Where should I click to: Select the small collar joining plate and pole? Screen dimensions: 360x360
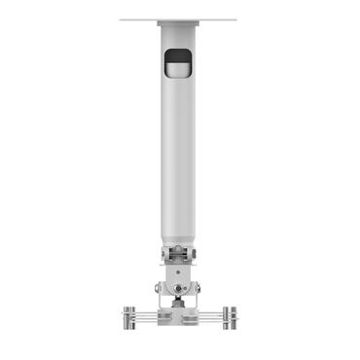point(180,26)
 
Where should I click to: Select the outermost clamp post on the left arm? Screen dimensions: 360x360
point(127,317)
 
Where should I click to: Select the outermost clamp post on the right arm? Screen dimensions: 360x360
point(234,317)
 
